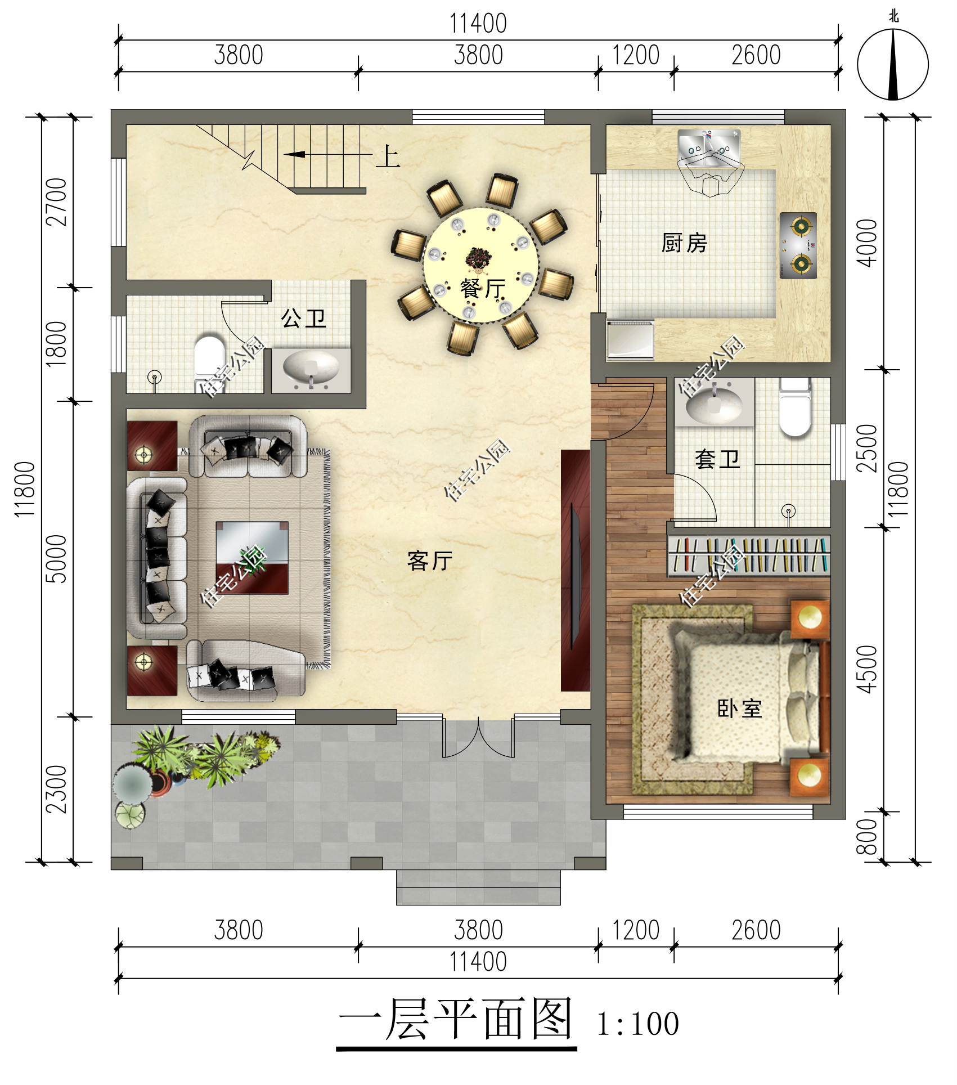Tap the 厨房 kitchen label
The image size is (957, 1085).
684,243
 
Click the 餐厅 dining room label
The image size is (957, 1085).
482,289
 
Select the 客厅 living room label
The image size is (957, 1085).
430,561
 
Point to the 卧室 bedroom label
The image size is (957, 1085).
739,709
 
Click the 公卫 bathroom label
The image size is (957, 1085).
303,319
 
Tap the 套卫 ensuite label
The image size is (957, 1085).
717,459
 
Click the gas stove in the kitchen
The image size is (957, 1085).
798,245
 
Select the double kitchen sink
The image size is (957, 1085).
709,147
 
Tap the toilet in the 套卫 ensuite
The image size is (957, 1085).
795,408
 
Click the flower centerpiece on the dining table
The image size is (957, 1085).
479,259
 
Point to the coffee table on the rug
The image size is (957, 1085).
252,558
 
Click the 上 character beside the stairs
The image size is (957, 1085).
388,156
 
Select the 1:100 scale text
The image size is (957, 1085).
637,1024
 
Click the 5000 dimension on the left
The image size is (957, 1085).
57,559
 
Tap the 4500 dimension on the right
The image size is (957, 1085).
867,669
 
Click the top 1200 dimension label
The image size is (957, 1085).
635,55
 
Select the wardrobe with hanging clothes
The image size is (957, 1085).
748,555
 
